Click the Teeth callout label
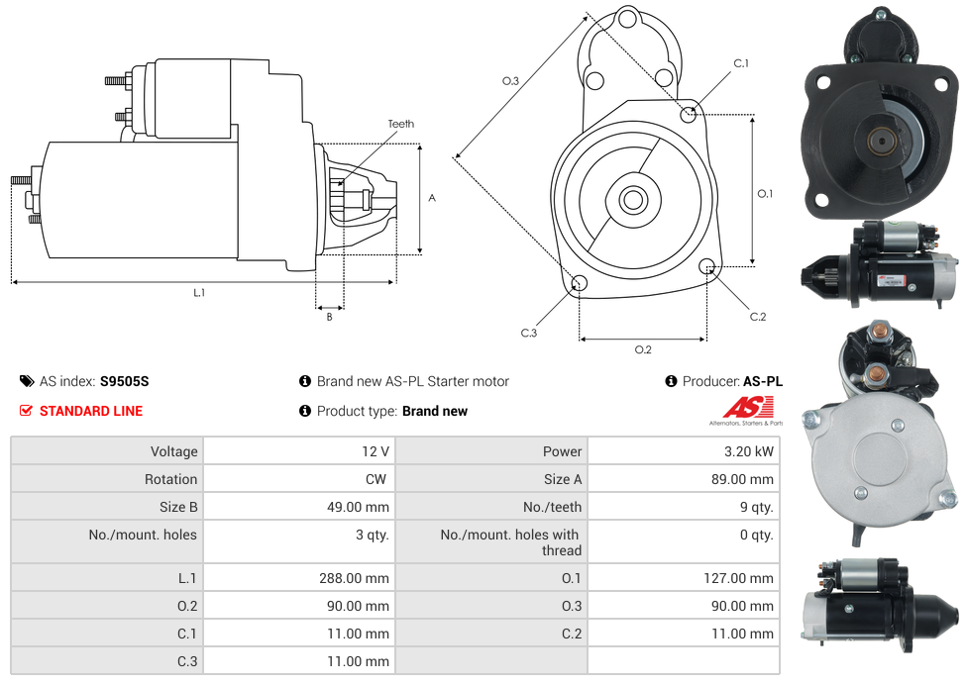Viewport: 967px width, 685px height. click(x=400, y=124)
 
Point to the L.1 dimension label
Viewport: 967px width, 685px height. click(x=199, y=292)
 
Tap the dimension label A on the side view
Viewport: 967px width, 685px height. click(x=431, y=198)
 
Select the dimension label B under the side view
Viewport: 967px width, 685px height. click(x=329, y=317)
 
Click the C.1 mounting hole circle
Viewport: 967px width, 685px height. click(x=689, y=114)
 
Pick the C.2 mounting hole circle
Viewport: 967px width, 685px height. click(x=707, y=266)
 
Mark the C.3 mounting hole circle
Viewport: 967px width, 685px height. click(x=580, y=285)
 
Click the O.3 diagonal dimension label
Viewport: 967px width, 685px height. click(x=510, y=81)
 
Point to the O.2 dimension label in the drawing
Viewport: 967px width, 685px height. click(x=642, y=349)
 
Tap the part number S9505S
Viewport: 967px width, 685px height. click(x=124, y=381)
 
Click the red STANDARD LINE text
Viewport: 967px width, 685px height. click(x=91, y=411)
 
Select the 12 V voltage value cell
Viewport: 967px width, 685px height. click(x=375, y=451)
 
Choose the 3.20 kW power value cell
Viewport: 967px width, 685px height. click(x=751, y=451)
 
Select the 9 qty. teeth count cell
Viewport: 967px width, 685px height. click(x=755, y=507)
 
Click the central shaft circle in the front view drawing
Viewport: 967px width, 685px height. click(x=632, y=200)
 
